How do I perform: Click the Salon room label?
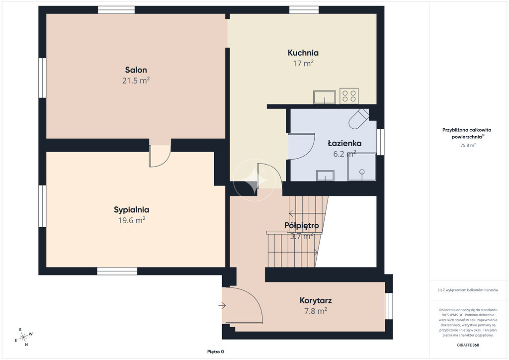(x=136, y=70)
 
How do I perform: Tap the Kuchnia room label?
(x=303, y=53)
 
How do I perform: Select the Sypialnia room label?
(x=131, y=210)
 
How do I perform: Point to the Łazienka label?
(x=344, y=143)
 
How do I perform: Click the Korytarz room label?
(x=316, y=301)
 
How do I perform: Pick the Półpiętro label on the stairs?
(x=302, y=225)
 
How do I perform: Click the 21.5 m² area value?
(x=136, y=81)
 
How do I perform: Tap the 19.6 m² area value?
(x=131, y=220)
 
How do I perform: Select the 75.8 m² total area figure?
(x=468, y=145)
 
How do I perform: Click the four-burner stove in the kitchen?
(x=349, y=96)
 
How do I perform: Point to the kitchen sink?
(x=324, y=97)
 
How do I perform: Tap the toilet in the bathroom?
(x=359, y=118)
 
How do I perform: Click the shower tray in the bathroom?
(x=362, y=167)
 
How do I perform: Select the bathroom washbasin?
(x=325, y=176)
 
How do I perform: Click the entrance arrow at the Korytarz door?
(x=222, y=305)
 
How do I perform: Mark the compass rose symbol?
(x=23, y=337)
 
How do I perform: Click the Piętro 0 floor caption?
(x=216, y=352)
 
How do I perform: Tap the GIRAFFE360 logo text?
(x=468, y=345)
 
